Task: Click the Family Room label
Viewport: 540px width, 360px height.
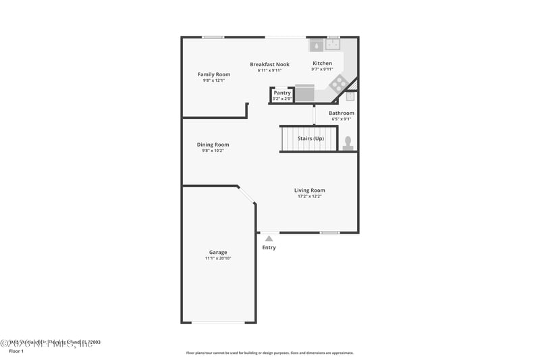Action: [213, 74]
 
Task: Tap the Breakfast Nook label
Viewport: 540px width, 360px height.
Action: [269, 64]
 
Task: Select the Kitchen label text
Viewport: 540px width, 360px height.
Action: [321, 63]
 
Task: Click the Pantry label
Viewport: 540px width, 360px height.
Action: [282, 93]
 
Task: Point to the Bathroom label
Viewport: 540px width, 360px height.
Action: [341, 113]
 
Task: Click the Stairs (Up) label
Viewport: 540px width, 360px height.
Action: [310, 138]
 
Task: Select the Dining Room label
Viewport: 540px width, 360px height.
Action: [213, 145]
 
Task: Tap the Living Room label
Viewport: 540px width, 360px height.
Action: [309, 190]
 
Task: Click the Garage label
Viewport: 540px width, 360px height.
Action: [217, 253]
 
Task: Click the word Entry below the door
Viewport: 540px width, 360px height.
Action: [269, 248]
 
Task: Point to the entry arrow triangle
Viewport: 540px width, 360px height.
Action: [269, 238]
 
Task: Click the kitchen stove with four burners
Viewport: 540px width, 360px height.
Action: [338, 84]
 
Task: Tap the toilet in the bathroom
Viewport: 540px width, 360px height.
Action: [348, 142]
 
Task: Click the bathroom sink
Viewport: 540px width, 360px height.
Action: [350, 96]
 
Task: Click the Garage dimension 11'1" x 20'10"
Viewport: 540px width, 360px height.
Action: [218, 259]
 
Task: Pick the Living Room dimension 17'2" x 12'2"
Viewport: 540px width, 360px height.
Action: [309, 197]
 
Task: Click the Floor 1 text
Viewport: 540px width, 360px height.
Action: [15, 351]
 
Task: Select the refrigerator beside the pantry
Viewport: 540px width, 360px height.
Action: [304, 93]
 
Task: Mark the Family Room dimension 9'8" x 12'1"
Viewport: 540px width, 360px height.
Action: [213, 80]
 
